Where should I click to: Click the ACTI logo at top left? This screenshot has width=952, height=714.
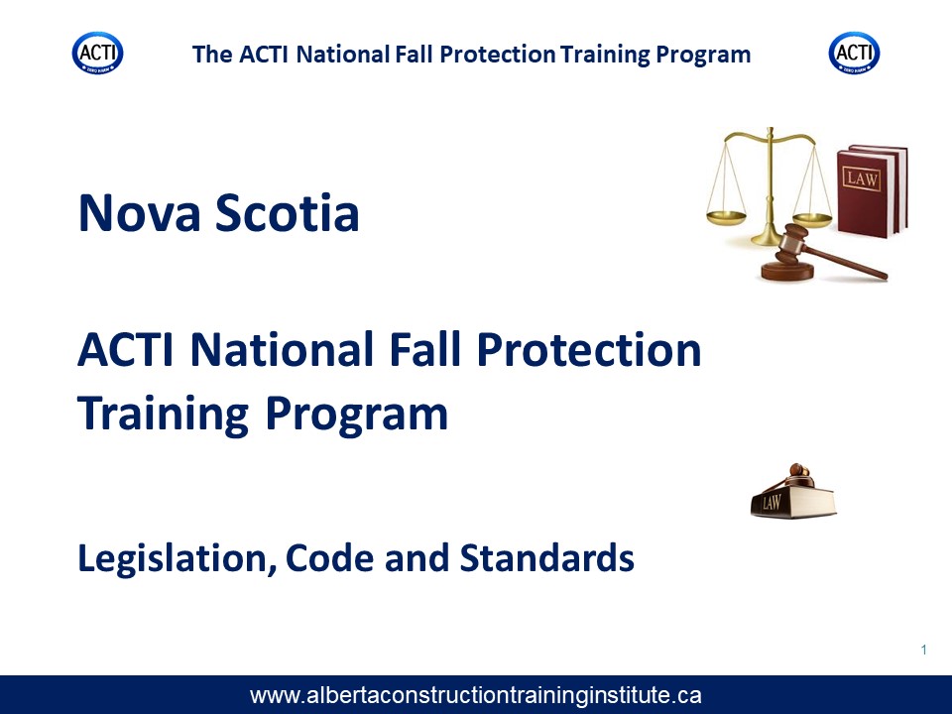pos(98,53)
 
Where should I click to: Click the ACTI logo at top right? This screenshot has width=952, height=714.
pos(854,53)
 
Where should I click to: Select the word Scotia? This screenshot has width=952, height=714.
pos(288,213)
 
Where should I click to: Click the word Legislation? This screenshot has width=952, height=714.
pos(173,558)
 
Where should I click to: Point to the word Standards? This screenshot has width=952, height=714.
pos(547,557)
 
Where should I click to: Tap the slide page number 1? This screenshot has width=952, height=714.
pos(924,650)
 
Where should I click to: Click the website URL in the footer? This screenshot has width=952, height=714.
pos(475,695)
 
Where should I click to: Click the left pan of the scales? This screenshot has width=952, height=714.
pos(726,217)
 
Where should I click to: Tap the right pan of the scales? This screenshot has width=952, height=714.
pos(812,218)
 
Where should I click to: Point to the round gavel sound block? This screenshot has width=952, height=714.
pos(787,271)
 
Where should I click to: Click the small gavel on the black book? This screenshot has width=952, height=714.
pos(796,474)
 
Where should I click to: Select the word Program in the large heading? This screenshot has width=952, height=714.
pos(356,415)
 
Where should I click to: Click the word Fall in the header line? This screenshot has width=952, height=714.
pos(415,54)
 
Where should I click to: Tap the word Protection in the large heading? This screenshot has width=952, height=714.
pos(588,350)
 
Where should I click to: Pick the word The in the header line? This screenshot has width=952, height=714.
pos(212,54)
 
